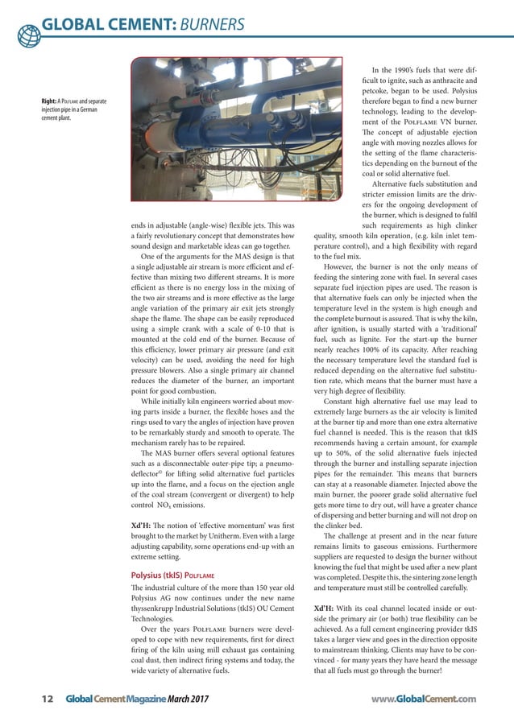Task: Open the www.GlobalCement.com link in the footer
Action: point(425,699)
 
